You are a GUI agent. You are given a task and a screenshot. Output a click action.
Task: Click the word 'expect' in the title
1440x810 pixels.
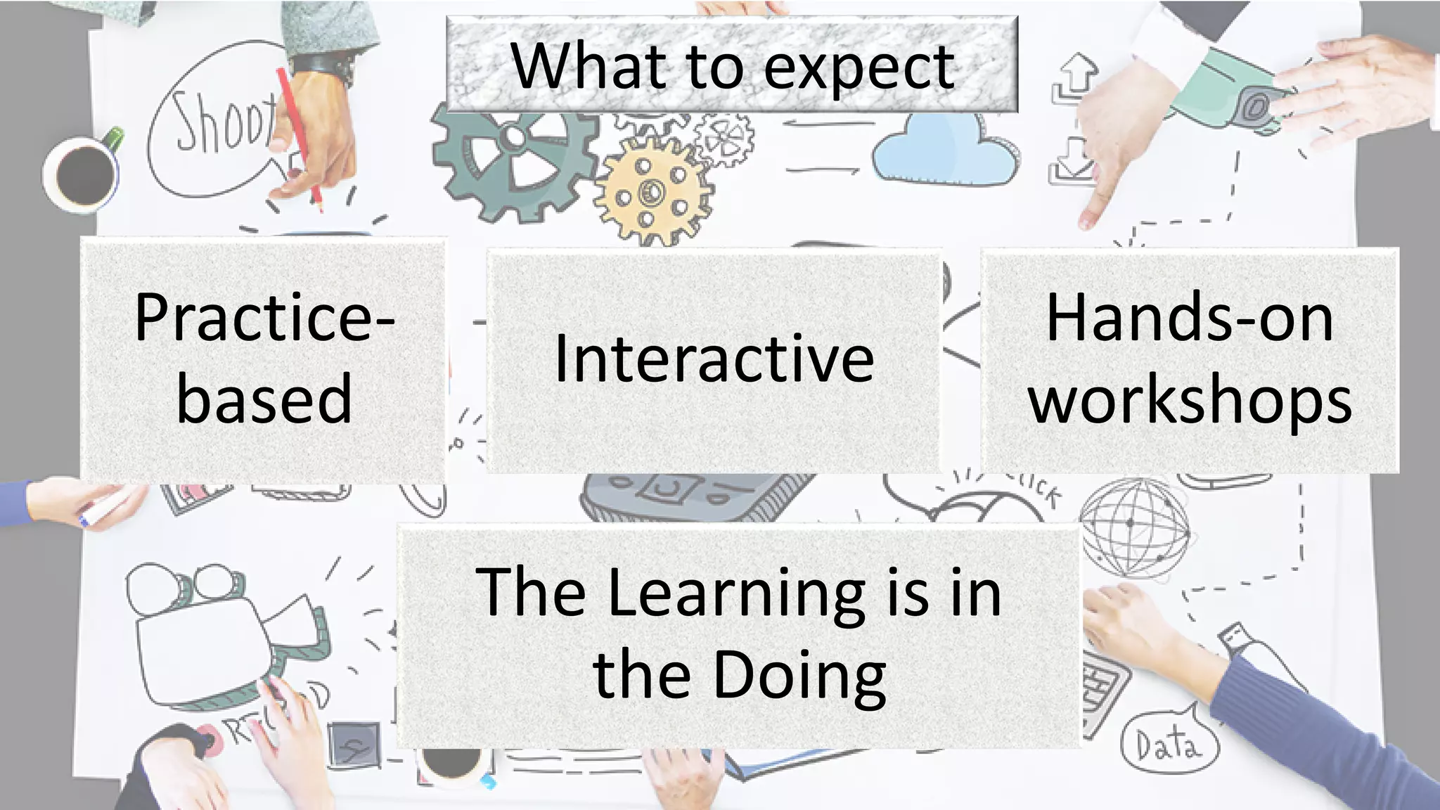[859, 68]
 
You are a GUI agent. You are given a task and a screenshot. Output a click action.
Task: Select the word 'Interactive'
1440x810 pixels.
[714, 359]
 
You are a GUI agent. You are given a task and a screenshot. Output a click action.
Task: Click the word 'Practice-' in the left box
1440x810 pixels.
[264, 318]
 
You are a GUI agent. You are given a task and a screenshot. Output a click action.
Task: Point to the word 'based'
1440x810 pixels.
[264, 399]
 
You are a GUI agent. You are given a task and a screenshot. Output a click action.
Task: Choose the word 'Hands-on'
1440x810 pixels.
[1189, 319]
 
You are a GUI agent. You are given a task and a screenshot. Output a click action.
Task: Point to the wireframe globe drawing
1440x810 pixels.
[1133, 527]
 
